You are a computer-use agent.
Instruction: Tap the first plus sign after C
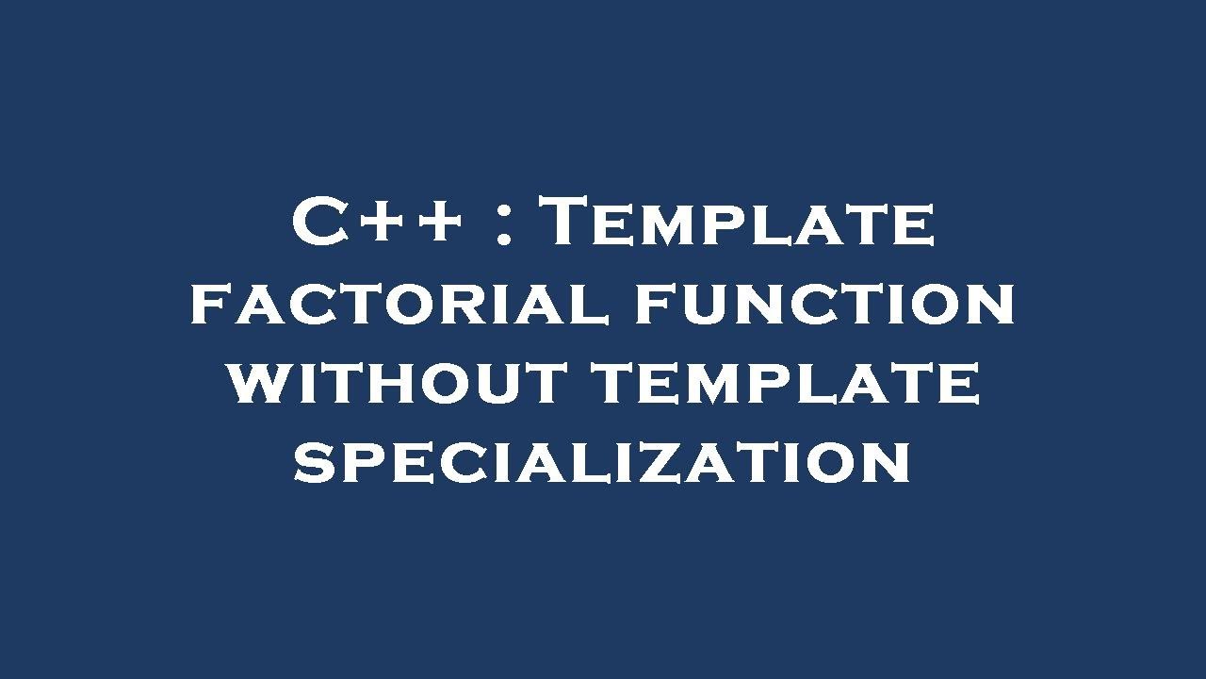[383, 226]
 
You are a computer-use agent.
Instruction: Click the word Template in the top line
[741, 224]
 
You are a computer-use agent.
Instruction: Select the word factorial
[399, 306]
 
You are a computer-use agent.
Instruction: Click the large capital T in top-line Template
[570, 224]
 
